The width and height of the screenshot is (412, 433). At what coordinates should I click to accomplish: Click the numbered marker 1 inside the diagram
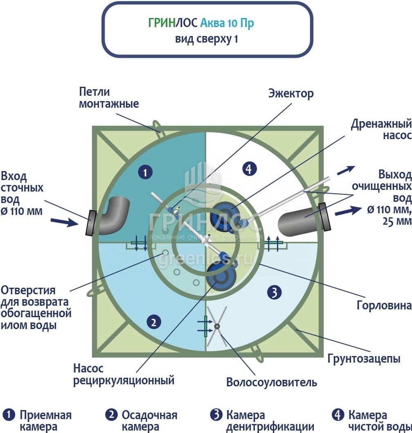(145, 173)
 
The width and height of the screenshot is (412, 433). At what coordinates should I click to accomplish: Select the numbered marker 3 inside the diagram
(274, 292)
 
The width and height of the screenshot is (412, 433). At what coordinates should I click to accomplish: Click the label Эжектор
(291, 93)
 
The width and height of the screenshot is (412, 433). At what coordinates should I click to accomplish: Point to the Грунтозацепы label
(363, 359)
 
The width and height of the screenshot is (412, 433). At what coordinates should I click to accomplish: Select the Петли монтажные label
(108, 97)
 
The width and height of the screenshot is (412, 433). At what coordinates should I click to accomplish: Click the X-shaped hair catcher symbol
(217, 326)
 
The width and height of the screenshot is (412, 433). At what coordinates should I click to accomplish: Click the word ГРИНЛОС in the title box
(173, 23)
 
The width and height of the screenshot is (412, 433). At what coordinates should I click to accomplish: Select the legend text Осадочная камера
(149, 421)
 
